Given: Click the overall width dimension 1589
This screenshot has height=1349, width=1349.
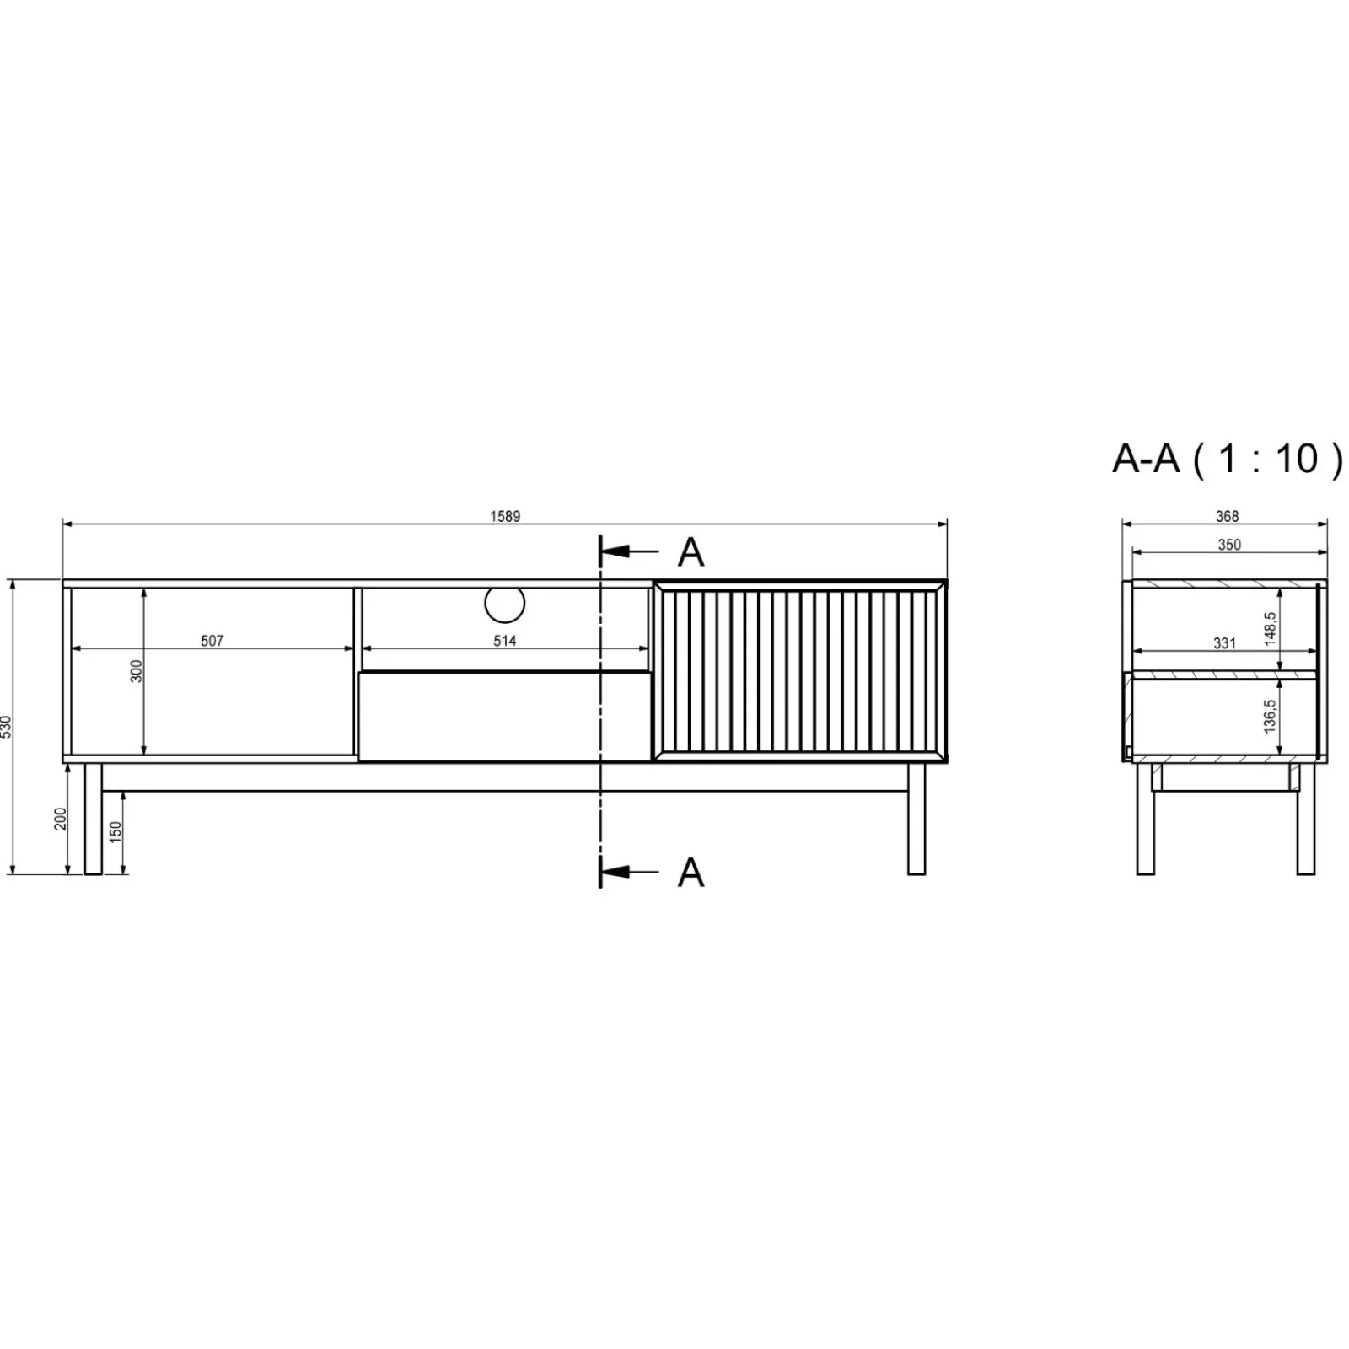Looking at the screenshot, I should (x=505, y=516).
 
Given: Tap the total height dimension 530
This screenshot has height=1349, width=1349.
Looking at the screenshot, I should (x=7, y=727).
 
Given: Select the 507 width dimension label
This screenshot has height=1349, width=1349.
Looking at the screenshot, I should (x=212, y=641).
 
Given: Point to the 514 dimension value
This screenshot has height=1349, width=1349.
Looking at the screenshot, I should (x=504, y=641).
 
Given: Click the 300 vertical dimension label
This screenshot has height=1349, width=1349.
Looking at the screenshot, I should (x=137, y=671).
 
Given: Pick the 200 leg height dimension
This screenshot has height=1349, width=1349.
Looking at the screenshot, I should (x=61, y=819).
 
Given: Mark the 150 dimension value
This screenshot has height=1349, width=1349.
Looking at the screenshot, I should (x=116, y=831).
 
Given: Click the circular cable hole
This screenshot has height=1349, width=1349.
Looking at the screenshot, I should (x=504, y=604).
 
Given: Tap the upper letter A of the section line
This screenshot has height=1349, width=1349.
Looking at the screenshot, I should (x=691, y=552).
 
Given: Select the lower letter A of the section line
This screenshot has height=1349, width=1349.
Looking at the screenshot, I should (x=691, y=873).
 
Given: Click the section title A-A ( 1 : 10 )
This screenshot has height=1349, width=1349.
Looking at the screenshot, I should (x=1227, y=459).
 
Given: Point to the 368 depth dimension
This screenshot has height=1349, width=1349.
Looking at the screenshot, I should (x=1227, y=516).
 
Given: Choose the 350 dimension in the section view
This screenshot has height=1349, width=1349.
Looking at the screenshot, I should (x=1229, y=545).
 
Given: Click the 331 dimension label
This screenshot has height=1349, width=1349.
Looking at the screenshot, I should (x=1224, y=643).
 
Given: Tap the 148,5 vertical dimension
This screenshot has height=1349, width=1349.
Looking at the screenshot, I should (x=1271, y=629).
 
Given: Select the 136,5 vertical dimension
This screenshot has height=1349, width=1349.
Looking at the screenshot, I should (x=1271, y=716).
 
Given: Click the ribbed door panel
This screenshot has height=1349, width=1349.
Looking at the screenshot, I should (x=799, y=671).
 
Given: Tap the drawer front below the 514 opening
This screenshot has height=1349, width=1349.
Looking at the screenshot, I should (x=504, y=716).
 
